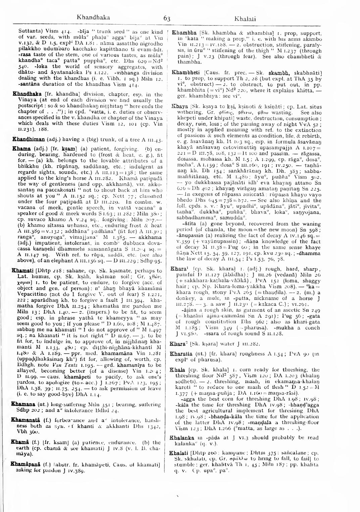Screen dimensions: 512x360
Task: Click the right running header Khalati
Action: [x=245, y=18]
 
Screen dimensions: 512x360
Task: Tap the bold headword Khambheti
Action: [x=185, y=72]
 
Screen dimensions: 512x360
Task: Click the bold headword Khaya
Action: [x=178, y=105]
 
